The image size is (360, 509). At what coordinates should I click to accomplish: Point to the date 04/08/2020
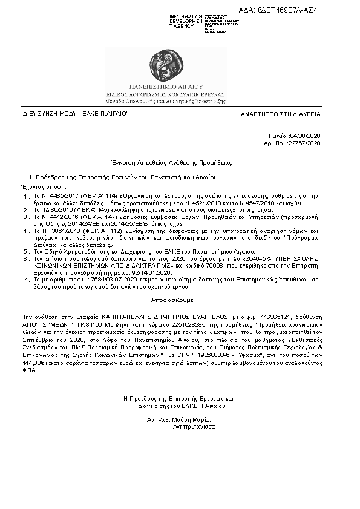pos(305,137)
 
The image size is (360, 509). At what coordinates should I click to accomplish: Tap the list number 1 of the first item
pos(25,197)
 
